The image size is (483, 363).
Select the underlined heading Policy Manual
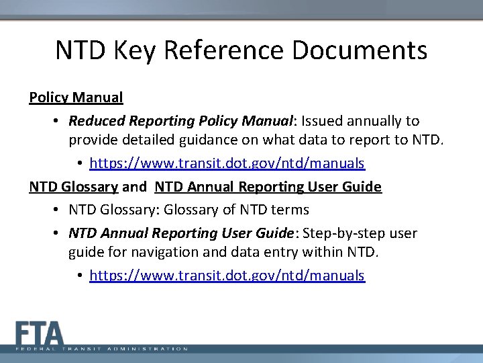click(x=76, y=97)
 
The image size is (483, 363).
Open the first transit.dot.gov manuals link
click(x=227, y=163)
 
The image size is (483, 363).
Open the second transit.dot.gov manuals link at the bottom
click(x=227, y=276)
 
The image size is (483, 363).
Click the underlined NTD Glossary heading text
click(x=73, y=186)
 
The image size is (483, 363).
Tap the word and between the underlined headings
click(x=134, y=186)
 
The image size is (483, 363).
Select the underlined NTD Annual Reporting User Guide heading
click(x=268, y=186)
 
